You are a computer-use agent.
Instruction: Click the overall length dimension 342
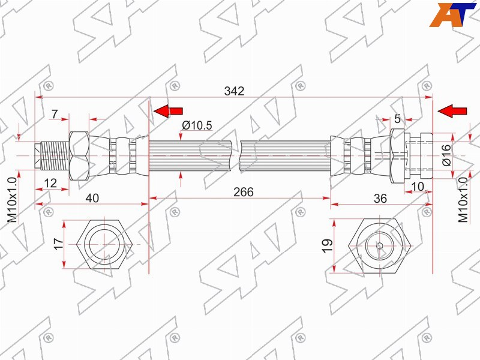click(x=234, y=91)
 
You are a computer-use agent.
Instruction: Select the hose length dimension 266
click(x=244, y=192)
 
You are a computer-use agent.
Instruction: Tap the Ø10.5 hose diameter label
click(x=197, y=125)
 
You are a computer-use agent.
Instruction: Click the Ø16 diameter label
click(x=446, y=155)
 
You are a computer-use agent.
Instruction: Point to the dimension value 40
click(x=92, y=199)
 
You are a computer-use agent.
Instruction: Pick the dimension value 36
click(x=380, y=199)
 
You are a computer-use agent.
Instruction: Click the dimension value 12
click(x=50, y=183)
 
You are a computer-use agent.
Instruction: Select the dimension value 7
click(x=55, y=114)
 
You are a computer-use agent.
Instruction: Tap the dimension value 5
click(x=397, y=119)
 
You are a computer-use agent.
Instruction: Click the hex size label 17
click(x=58, y=244)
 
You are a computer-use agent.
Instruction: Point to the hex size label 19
click(x=327, y=245)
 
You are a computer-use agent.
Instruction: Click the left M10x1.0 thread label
click(x=12, y=200)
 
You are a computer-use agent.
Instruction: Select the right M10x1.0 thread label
click(x=463, y=200)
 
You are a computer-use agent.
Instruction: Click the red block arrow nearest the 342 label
click(x=168, y=111)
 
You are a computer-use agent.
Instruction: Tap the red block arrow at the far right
click(x=452, y=111)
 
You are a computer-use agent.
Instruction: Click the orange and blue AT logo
click(x=453, y=15)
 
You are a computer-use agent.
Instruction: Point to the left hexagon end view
click(x=104, y=245)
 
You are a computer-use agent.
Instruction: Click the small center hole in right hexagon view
click(x=379, y=246)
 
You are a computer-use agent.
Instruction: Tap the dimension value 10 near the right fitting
click(x=418, y=186)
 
